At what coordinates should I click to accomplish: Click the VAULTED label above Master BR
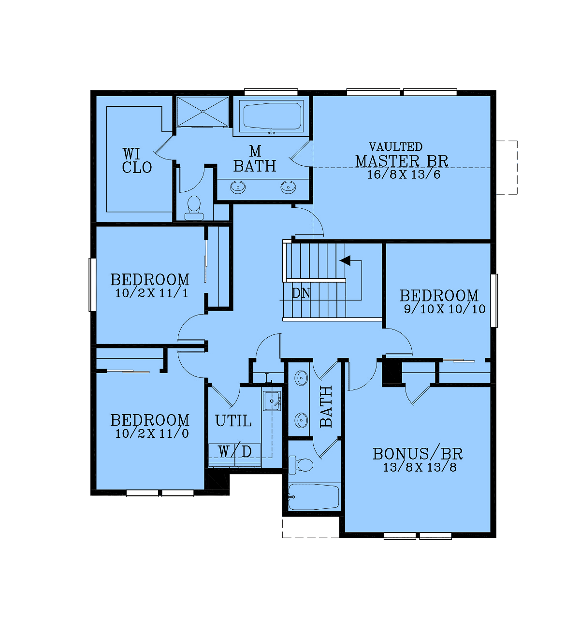pos(395,147)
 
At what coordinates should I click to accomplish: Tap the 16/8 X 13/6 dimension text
pos(404,174)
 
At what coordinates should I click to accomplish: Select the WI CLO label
pos(137,161)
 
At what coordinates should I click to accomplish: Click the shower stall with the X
pos(203,112)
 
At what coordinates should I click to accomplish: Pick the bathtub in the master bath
pos(272,116)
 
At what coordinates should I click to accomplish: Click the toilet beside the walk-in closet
pos(194,208)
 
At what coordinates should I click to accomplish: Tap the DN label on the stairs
pos(301,293)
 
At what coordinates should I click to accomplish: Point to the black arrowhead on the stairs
pos(345,260)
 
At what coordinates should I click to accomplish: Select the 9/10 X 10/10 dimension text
pos(445,309)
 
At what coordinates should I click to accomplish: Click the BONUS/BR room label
pos(418,454)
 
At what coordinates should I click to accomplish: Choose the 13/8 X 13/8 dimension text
pos(420,467)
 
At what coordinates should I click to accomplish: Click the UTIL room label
pos(233,420)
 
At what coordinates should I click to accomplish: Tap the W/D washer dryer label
pos(235,451)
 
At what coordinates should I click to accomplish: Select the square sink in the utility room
pos(272,401)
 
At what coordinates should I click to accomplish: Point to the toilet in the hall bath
pos(301,465)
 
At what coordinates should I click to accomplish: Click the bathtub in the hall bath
pos(314,497)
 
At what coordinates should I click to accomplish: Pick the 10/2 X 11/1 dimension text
pos(152,293)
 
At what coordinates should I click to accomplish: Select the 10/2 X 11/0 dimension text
pos(152,434)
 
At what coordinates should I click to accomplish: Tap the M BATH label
pos(255,159)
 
